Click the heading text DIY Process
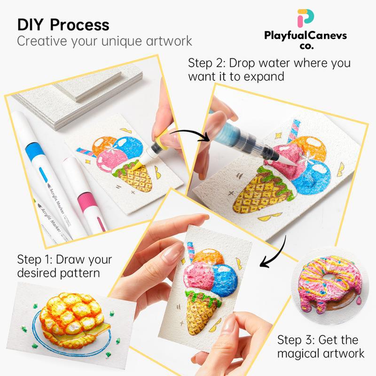pos(63,24)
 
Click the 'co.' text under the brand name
pos(306,47)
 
